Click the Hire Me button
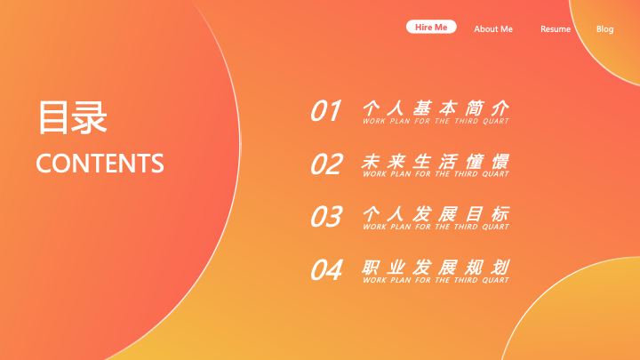point(431,27)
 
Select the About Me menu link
point(493,29)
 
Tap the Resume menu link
point(556,29)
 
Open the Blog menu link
point(605,29)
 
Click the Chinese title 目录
point(73,117)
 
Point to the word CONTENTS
point(100,164)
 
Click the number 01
point(325,110)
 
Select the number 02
point(326,164)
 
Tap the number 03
point(326,216)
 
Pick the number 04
point(326,270)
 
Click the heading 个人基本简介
point(436,108)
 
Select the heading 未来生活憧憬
point(436,162)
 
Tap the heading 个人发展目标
point(436,214)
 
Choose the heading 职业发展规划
point(436,268)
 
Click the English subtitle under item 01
point(436,121)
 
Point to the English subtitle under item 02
point(436,174)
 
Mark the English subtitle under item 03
point(436,227)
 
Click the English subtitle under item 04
point(436,280)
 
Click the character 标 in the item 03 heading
point(500,214)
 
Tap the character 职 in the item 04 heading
point(371,268)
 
